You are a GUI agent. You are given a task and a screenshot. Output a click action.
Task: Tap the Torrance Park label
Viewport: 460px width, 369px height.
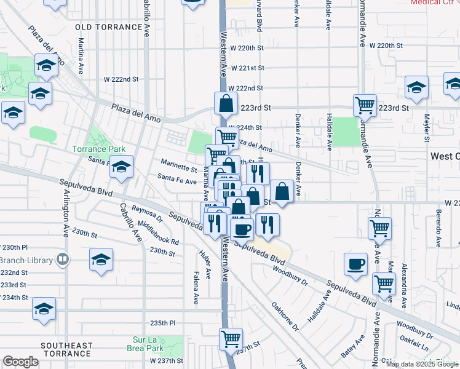[x=98, y=149]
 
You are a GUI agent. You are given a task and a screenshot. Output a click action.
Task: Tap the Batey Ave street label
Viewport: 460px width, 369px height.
[x=349, y=349]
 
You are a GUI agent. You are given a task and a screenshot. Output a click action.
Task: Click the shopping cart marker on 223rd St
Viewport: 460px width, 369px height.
[x=365, y=105]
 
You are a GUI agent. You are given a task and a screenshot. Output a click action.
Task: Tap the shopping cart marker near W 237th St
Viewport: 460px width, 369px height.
[x=231, y=338]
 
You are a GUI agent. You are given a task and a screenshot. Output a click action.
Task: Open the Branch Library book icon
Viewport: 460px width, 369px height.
[x=62, y=259]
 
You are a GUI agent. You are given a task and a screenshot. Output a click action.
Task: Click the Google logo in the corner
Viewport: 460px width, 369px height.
[x=20, y=362]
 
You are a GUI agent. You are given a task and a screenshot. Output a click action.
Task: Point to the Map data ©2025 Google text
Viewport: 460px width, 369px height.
[x=422, y=364]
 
